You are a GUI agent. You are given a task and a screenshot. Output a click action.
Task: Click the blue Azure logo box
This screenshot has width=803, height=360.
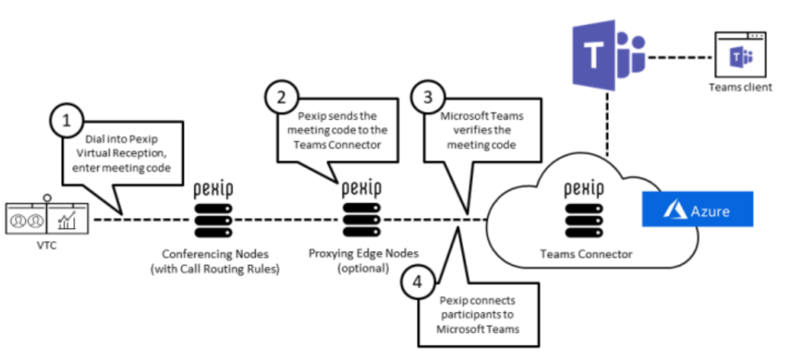coord(697,209)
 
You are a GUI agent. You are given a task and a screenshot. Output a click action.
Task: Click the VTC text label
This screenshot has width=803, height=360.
coord(46,245)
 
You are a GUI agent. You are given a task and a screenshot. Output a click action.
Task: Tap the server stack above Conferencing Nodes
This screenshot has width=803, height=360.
coord(214,220)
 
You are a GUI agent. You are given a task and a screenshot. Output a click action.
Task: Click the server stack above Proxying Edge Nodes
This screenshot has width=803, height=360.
coord(362,220)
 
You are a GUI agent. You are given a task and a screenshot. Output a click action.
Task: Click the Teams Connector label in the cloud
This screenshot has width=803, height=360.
coord(587,254)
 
